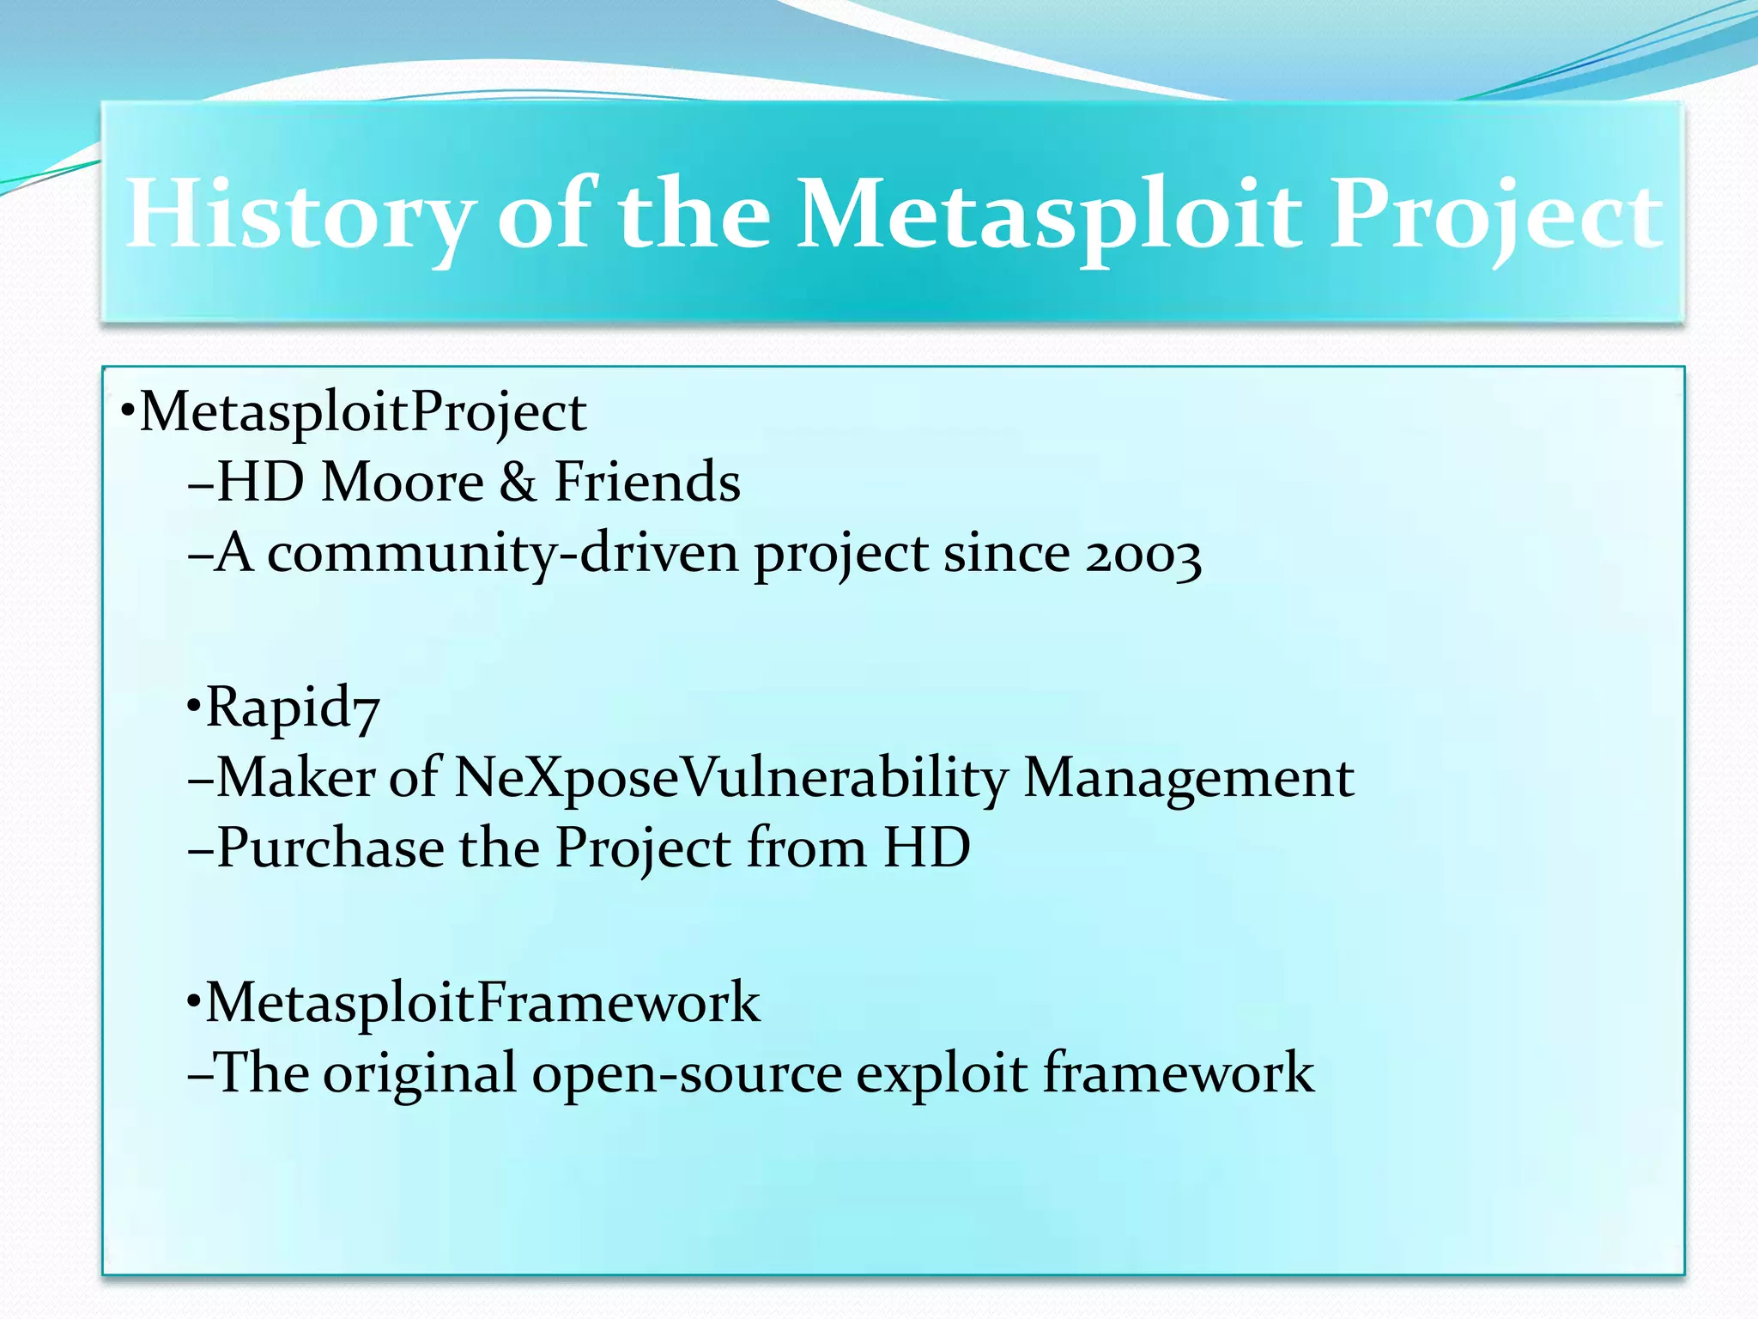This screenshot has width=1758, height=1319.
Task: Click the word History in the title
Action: (300, 215)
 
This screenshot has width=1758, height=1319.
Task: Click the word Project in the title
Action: (1494, 215)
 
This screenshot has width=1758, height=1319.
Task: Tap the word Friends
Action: (647, 482)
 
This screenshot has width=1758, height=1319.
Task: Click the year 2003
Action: (1143, 555)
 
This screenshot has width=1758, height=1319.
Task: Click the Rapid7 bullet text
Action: (292, 708)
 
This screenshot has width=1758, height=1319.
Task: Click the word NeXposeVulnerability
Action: (730, 778)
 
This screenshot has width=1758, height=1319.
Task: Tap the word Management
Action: (1189, 778)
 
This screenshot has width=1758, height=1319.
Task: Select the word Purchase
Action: (330, 848)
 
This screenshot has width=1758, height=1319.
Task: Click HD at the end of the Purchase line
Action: (927, 848)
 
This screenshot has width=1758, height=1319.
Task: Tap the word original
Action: (420, 1073)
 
